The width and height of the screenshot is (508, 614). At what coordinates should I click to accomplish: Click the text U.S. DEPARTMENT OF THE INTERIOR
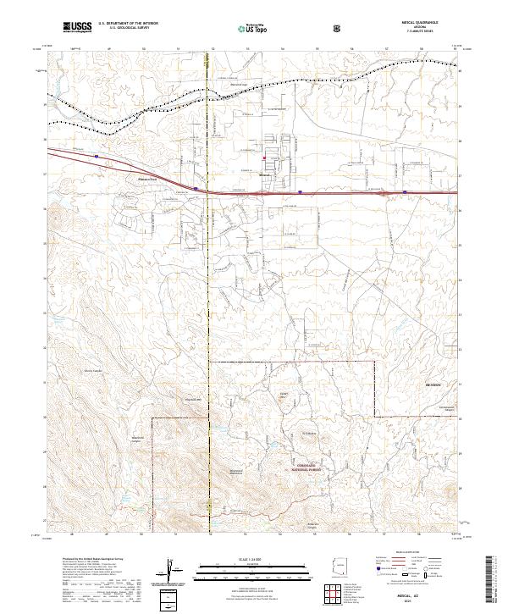click(128, 25)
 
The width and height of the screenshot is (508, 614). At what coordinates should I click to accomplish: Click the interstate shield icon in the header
click(338, 28)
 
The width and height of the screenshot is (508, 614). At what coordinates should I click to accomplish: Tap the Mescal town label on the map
click(263, 176)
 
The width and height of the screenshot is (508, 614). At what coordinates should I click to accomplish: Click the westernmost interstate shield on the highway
click(97, 156)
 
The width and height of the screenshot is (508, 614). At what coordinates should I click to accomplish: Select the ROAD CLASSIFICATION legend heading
click(414, 557)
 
